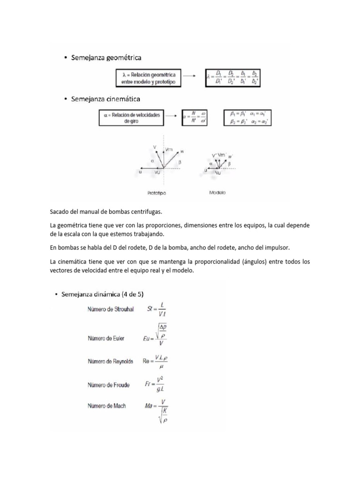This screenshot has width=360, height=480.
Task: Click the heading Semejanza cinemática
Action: [x=105, y=99]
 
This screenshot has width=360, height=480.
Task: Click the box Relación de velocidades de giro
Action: [x=131, y=118]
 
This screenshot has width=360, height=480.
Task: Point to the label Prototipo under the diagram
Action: [x=157, y=193]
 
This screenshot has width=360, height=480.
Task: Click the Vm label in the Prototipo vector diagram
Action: [x=169, y=149]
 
